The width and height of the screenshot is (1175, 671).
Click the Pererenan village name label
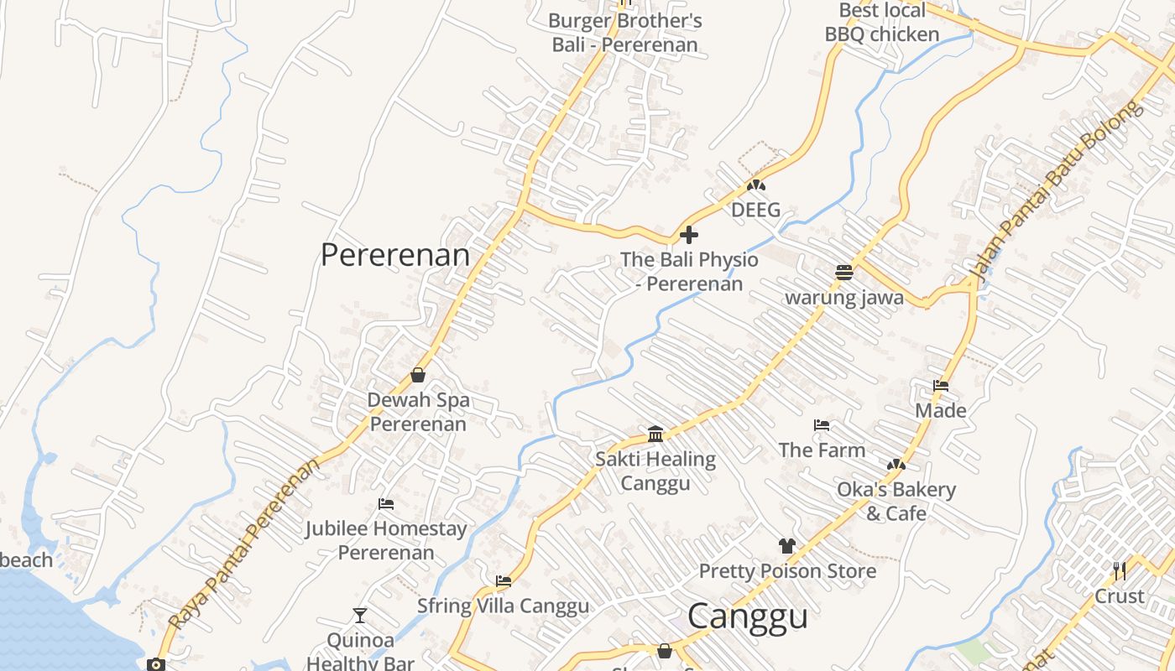[x=395, y=255]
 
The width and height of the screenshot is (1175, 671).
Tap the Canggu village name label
[x=747, y=616]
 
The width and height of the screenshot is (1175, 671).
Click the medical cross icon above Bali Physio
[x=689, y=235]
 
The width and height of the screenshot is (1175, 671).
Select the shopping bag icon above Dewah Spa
[x=418, y=375]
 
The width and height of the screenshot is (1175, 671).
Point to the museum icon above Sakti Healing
[x=655, y=434]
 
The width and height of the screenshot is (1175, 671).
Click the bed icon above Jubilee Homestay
[x=386, y=504]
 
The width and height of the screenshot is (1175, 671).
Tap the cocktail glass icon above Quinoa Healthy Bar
[x=360, y=616]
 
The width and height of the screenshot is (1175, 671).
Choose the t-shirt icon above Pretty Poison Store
[x=786, y=546]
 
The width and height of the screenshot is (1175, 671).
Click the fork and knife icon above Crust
[x=1119, y=571]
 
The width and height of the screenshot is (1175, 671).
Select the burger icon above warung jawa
[x=844, y=272]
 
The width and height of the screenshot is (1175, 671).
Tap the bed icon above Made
[x=941, y=386]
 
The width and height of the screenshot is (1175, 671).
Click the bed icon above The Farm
[x=822, y=425]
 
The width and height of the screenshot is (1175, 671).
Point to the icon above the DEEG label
[x=756, y=185]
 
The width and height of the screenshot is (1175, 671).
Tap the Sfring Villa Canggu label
[x=503, y=606]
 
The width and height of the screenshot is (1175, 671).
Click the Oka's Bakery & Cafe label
[x=896, y=501]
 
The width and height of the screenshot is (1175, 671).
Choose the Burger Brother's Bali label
[x=625, y=33]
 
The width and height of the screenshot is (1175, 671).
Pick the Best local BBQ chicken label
[x=882, y=23]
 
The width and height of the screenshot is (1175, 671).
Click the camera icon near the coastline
[x=156, y=664]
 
